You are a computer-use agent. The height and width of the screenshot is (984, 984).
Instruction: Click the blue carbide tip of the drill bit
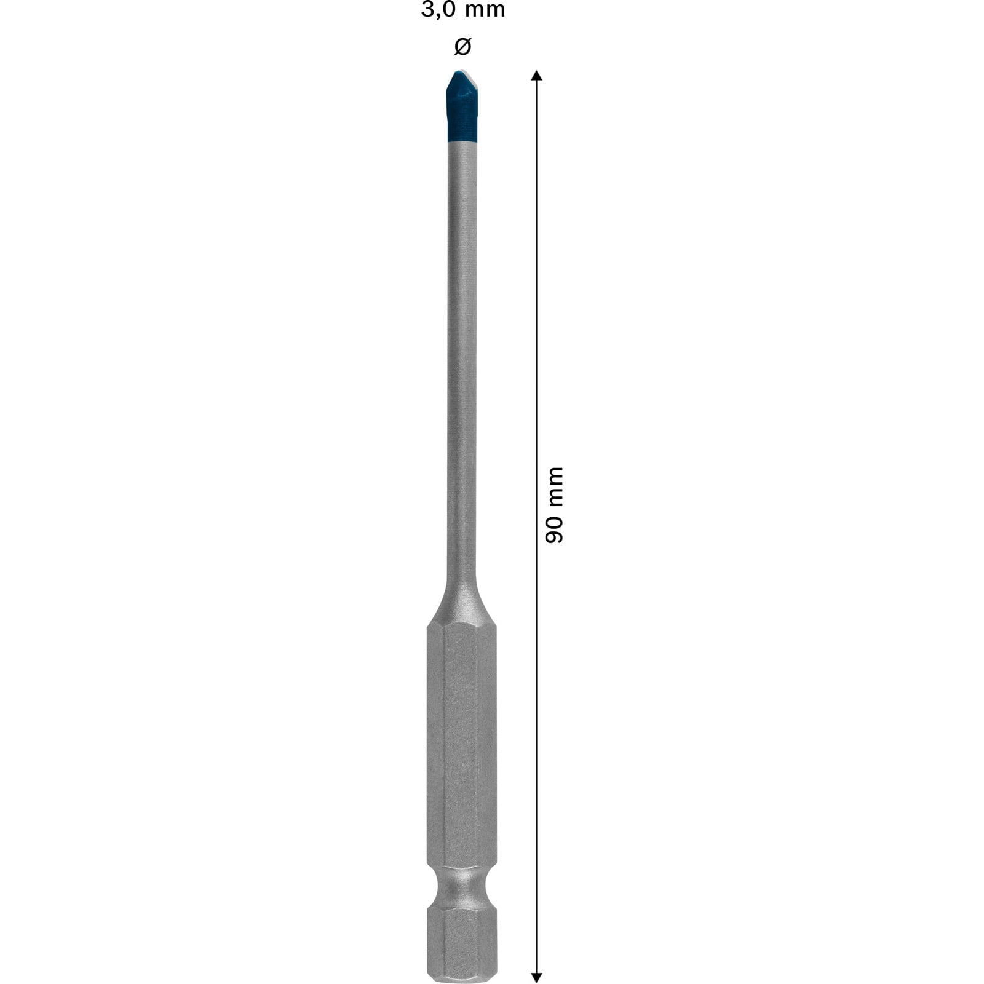(x=462, y=111)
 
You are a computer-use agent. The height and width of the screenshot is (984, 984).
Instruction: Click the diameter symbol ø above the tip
(x=462, y=46)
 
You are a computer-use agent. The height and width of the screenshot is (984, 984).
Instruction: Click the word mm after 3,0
(x=485, y=10)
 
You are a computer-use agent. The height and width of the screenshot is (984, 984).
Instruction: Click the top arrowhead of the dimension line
(x=536, y=76)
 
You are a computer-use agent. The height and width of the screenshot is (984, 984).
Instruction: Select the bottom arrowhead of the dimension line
(x=536, y=977)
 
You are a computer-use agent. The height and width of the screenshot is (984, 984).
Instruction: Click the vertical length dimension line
(x=536, y=307)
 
